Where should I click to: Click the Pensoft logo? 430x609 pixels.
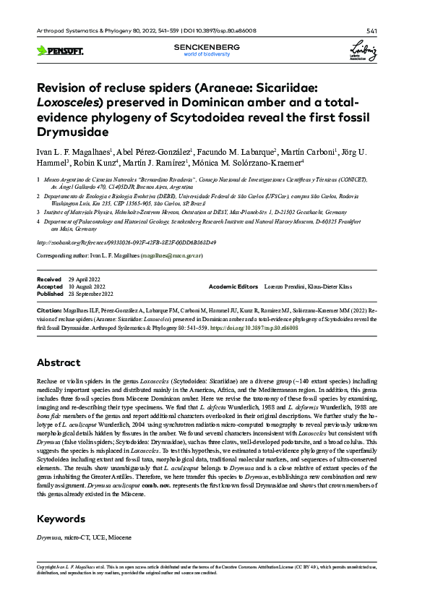coord(59,51)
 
